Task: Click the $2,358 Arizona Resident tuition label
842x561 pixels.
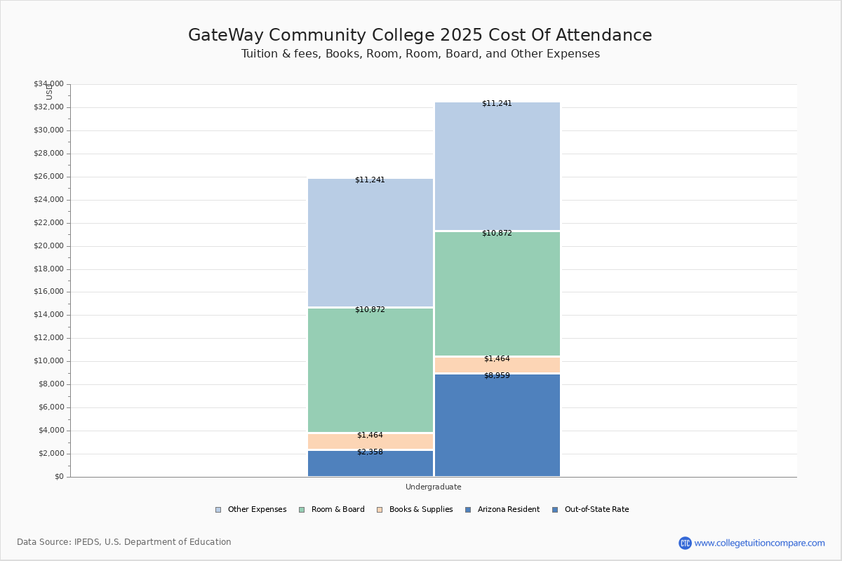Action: [370, 452]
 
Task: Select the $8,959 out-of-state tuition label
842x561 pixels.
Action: [497, 376]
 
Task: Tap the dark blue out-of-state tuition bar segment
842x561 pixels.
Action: [497, 428]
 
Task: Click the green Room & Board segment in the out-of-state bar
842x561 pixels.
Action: [497, 295]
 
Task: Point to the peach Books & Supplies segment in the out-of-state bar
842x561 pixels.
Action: [497, 365]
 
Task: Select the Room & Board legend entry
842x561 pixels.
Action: [338, 510]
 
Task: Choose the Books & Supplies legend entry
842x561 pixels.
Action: [420, 510]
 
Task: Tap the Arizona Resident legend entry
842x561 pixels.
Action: [508, 510]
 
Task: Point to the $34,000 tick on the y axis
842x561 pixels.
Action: [48, 84]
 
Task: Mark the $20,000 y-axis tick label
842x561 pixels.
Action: [48, 246]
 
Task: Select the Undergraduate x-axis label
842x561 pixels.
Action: [433, 487]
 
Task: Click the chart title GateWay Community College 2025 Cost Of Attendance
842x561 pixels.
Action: [420, 36]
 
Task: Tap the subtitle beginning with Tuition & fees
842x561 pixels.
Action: [420, 54]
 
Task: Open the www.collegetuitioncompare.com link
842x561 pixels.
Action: [759, 543]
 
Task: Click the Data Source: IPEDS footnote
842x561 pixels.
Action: [124, 542]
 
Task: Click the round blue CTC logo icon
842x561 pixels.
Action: [685, 543]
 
